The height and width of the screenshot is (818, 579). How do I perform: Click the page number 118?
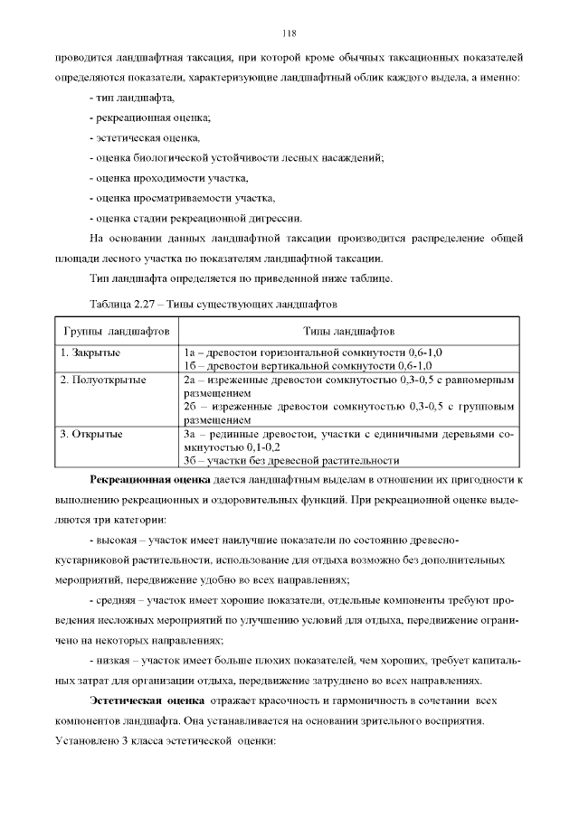pos(289,33)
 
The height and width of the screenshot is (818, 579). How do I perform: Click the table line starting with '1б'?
pos(307,365)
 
